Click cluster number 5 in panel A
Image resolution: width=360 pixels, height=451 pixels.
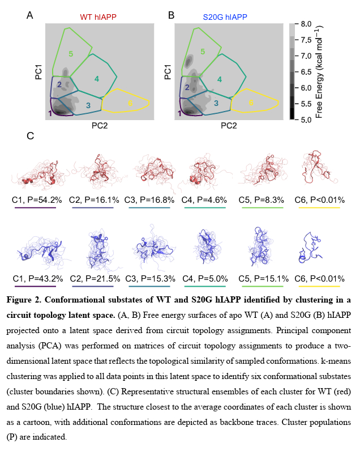[71, 53]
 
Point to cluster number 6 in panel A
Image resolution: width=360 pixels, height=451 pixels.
[130, 103]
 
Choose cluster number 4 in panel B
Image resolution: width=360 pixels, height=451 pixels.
[220, 80]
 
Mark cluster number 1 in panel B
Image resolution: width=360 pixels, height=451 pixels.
[180, 113]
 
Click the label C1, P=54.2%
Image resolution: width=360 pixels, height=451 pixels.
[35, 199]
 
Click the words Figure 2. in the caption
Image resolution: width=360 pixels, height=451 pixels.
[28, 300]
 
